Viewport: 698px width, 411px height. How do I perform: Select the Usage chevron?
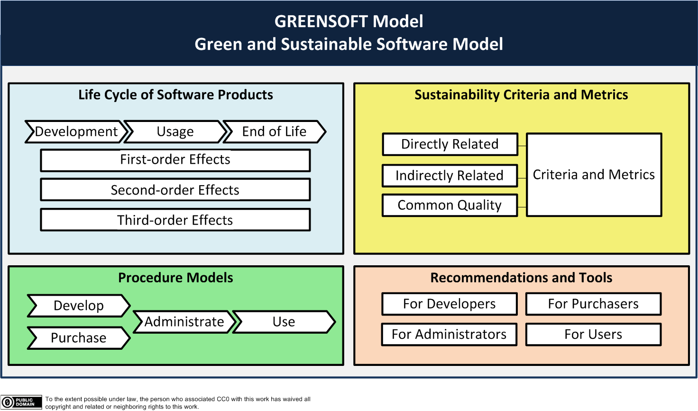(175, 131)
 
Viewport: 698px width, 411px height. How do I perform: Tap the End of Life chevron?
(275, 131)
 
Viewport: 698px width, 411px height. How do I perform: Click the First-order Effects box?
(175, 160)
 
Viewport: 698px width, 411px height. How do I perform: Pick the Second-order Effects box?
(175, 189)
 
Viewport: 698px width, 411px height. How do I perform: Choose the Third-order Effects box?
(175, 220)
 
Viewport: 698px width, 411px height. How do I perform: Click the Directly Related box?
(450, 144)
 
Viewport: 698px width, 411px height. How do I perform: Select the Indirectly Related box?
(450, 176)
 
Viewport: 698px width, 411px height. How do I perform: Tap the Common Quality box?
(450, 205)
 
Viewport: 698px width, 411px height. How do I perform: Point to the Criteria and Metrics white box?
(594, 175)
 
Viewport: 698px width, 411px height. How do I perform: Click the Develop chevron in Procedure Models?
(79, 306)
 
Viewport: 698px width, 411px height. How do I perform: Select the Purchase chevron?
(79, 338)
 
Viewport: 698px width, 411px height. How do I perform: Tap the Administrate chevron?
(184, 322)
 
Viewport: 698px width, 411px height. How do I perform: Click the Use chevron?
(284, 322)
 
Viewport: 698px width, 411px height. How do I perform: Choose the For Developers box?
(450, 304)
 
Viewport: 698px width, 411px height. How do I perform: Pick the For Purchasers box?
(593, 304)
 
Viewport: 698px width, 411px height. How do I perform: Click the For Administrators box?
(450, 335)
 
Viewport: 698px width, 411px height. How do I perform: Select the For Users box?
(593, 335)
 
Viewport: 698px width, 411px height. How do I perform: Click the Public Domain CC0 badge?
(21, 402)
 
